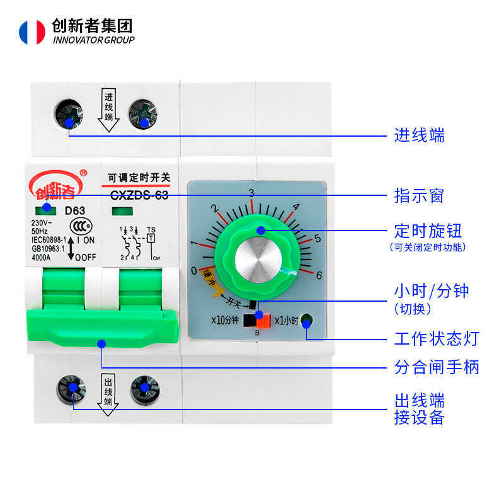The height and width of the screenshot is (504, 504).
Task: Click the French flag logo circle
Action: (32, 32)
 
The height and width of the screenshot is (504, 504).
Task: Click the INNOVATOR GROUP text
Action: (94, 40)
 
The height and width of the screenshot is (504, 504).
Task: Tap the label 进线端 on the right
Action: (420, 135)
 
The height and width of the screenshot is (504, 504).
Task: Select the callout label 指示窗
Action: (420, 196)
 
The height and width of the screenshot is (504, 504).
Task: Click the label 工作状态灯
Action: (437, 339)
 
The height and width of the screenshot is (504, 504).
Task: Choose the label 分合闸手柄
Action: (437, 367)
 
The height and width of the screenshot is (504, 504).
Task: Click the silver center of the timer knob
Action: (257, 258)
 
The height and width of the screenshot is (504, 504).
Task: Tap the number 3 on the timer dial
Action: (251, 193)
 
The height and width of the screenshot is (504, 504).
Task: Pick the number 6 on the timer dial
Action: (319, 275)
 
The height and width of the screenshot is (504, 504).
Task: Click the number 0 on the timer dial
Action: (194, 271)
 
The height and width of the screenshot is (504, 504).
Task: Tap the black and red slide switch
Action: (258, 319)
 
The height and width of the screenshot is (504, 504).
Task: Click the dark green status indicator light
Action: (307, 320)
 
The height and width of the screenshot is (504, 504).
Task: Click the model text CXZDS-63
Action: (139, 195)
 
